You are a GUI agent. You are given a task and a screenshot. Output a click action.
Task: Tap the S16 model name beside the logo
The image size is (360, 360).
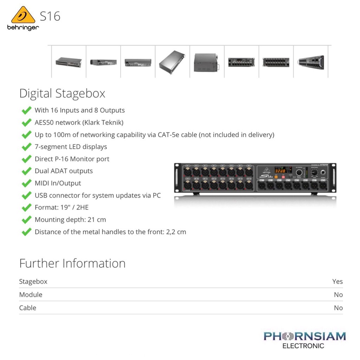click(x=50, y=16)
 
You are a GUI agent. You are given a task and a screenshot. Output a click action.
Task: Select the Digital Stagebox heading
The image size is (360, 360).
click(x=62, y=94)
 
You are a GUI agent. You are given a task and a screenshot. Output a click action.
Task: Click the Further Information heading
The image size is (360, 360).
click(x=72, y=263)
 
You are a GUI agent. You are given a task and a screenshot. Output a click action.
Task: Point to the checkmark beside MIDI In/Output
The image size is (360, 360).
click(x=27, y=183)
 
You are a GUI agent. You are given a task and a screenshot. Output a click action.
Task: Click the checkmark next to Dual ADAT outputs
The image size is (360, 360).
click(x=27, y=171)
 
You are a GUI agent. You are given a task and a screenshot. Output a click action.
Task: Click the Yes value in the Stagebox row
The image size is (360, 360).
click(x=337, y=281)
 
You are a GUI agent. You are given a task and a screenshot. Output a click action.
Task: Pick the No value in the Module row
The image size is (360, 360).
click(x=339, y=295)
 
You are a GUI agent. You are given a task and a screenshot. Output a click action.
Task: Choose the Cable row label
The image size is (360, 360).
click(x=27, y=308)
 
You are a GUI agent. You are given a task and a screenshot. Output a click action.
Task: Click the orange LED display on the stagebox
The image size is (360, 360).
click(x=280, y=171)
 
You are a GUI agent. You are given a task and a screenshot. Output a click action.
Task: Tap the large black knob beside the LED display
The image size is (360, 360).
click(x=299, y=172)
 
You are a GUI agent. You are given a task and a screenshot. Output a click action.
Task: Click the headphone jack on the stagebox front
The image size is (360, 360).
click(x=323, y=172)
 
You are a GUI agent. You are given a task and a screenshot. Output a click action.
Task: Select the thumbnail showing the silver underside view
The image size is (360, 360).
click(x=172, y=62)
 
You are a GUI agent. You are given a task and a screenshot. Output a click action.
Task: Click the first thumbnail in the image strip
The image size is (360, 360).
click(x=69, y=62)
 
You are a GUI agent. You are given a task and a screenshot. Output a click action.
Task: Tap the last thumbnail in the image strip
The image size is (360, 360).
click(x=311, y=62)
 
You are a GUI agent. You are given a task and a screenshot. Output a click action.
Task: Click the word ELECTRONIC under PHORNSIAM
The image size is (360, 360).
click(x=303, y=346)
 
